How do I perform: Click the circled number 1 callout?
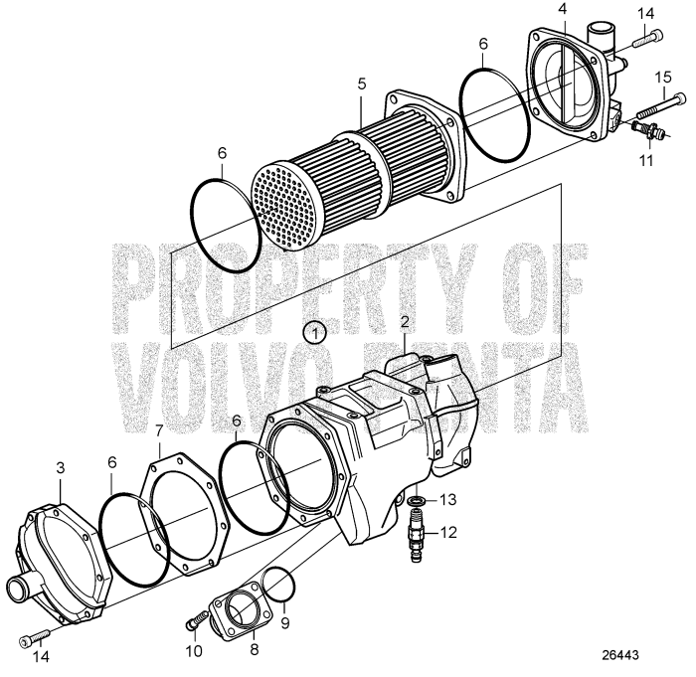coord(315,331)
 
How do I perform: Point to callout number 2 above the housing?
coord(406,321)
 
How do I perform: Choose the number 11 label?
coord(646,159)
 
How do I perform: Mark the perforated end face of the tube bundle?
coord(293,204)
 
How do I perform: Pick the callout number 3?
coord(60,465)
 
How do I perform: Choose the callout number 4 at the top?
coord(562,9)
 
